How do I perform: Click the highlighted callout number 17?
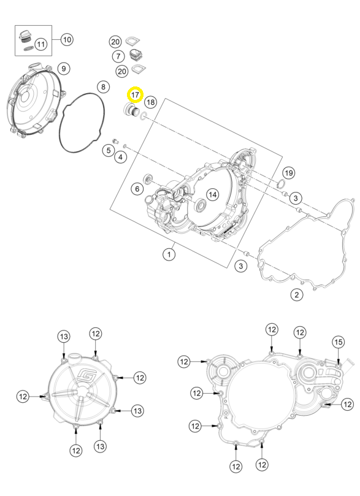coord(135,94)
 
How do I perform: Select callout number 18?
coord(151,102)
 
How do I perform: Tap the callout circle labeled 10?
coord(67,39)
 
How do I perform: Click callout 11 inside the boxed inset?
coord(41,44)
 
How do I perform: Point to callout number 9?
coord(64,68)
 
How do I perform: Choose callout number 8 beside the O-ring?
coord(103,86)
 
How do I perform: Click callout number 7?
coord(118,56)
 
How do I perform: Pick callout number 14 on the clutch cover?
coord(213,194)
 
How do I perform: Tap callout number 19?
coord(288,173)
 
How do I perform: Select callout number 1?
coord(169,254)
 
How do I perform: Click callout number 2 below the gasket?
coord(297,295)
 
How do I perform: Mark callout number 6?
coord(137,189)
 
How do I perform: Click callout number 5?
coord(109,150)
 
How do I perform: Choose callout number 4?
coord(121,156)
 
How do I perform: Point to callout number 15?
coord(338,342)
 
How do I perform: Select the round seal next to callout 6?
coord(147,180)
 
